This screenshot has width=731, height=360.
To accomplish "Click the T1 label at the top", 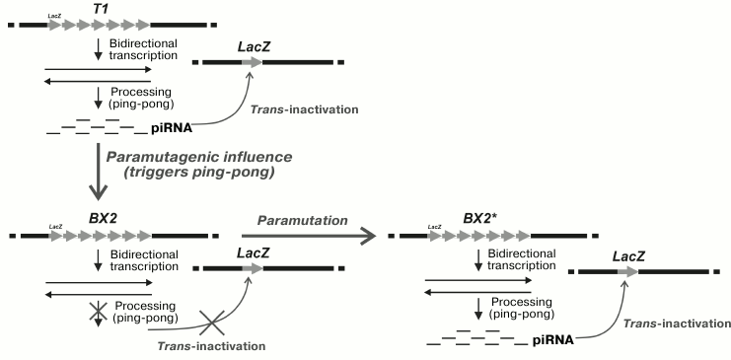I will point(100,8).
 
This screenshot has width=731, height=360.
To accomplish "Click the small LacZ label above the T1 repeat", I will point(56,16).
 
